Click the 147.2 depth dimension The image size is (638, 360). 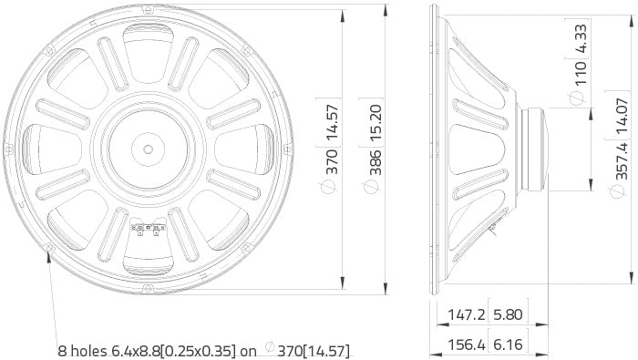(x=466, y=315)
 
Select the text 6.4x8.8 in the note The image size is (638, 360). (x=141, y=350)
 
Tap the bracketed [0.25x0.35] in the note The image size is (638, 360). (x=203, y=350)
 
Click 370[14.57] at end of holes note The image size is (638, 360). (x=314, y=350)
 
